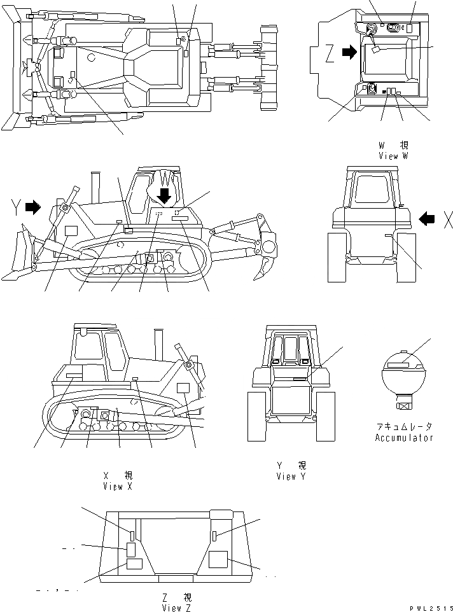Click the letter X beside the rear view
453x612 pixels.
tap(447, 219)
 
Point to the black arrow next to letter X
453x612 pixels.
tap(428, 219)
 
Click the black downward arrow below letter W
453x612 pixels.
tap(165, 195)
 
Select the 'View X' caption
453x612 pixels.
tap(118, 486)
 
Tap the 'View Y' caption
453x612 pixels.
tap(292, 476)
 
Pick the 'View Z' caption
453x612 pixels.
tap(176, 608)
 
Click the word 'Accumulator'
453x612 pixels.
tap(403, 438)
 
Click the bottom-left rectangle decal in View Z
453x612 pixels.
tap(134, 564)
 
